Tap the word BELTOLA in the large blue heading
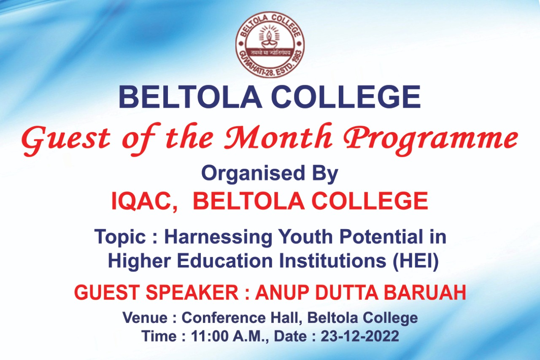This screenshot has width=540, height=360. (190, 97)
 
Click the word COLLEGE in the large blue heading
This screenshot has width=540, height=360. (346, 97)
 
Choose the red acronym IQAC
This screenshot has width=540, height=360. (144, 201)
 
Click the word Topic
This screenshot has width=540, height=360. (120, 237)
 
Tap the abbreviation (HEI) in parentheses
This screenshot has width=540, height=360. (416, 261)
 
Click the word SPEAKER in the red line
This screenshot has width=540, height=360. (192, 292)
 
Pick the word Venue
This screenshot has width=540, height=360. (145, 317)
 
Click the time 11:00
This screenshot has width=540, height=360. (210, 336)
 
